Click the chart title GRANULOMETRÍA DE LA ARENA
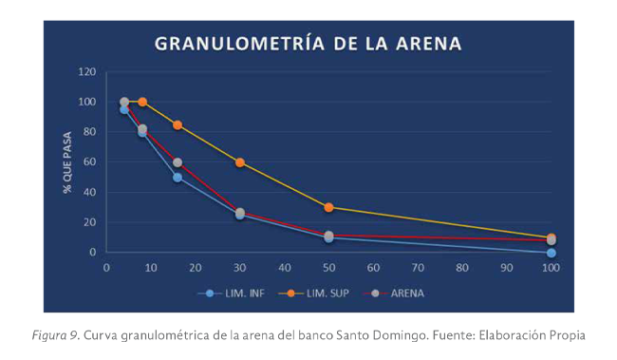(308, 44)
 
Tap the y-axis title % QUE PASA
(68, 162)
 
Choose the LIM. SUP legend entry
(317, 294)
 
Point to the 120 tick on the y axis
(87, 72)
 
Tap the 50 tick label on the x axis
(328, 267)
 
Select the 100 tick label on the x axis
(551, 267)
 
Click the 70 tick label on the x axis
(418, 267)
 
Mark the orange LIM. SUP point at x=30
(240, 162)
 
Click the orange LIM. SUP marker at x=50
(328, 207)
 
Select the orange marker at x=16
(178, 124)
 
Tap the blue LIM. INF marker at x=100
(551, 253)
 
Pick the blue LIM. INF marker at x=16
(178, 178)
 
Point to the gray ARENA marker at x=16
(178, 162)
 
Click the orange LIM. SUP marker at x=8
(142, 102)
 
